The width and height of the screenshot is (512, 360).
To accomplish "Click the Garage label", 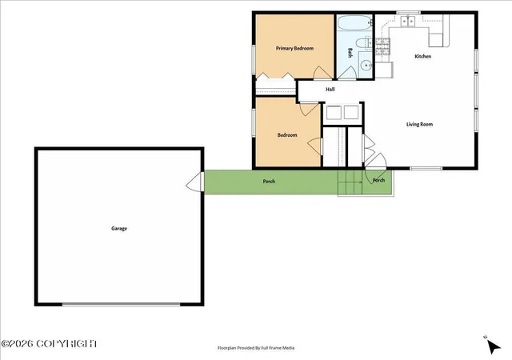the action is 119,228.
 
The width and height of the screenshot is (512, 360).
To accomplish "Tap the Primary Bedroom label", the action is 294,48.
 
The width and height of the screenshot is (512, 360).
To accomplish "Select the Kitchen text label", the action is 423,56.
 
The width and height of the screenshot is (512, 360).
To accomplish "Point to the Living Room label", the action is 419,124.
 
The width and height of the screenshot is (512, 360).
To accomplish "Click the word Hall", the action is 330,89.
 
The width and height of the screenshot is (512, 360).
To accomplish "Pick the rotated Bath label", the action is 350,53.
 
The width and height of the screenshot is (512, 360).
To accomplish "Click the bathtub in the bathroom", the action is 354,23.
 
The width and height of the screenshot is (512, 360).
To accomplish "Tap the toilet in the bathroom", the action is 364,43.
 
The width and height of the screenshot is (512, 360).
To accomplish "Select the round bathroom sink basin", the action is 366,66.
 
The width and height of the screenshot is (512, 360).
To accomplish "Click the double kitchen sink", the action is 407,22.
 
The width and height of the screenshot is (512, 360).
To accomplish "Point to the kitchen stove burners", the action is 382,46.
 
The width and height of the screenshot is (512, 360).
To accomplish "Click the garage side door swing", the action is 195,182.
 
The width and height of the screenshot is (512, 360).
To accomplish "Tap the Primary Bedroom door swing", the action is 323,73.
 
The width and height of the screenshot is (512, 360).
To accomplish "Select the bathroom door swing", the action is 346,73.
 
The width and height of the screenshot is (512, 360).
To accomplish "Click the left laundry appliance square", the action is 334,112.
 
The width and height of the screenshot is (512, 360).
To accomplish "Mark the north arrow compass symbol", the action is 493,346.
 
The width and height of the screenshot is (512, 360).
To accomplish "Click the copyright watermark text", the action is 49,344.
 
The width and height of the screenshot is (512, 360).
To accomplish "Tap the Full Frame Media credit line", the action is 256,348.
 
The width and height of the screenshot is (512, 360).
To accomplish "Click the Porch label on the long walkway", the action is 269,182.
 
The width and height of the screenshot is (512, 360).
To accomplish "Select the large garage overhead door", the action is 121,304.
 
